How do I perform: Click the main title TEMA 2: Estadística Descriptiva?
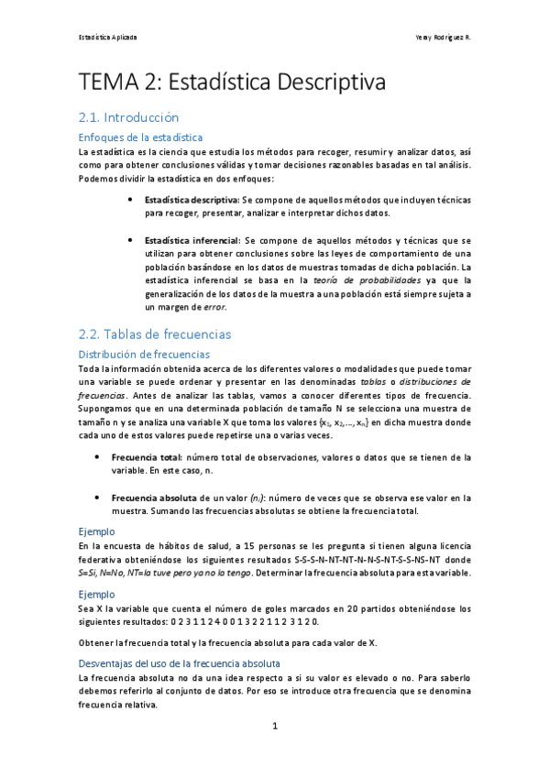tap(232, 82)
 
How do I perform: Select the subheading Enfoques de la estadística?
tap(138, 137)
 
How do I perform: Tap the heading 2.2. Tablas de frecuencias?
tap(155, 334)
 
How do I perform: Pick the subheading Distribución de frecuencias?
tap(144, 354)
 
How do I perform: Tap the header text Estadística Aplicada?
tap(107, 38)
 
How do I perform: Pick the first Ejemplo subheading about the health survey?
tap(96, 531)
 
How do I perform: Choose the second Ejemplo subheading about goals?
tap(96, 594)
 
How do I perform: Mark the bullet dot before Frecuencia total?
tap(99, 455)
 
